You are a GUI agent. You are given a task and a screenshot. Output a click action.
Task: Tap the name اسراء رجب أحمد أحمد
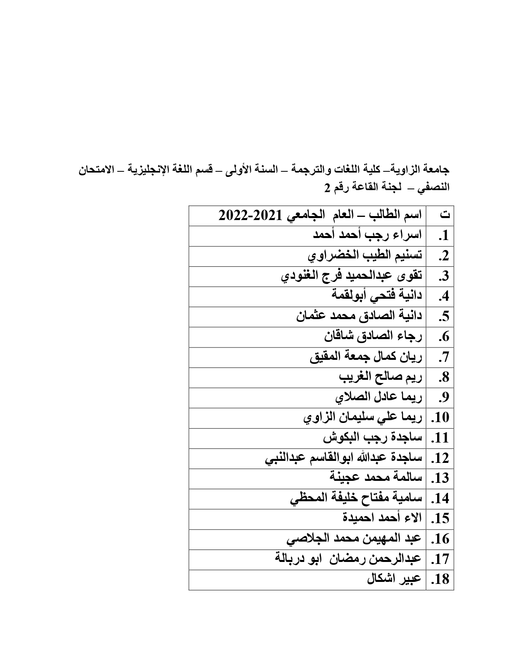click(367, 235)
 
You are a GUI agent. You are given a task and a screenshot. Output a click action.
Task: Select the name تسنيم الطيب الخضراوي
click(365, 255)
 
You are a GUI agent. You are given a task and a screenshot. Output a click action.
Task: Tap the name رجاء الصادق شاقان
click(373, 336)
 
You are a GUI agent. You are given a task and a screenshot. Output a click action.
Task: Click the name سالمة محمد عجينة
click(376, 478)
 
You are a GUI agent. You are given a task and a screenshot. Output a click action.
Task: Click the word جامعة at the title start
click(436, 169)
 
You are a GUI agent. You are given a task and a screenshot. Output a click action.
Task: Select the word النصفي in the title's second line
click(434, 187)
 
